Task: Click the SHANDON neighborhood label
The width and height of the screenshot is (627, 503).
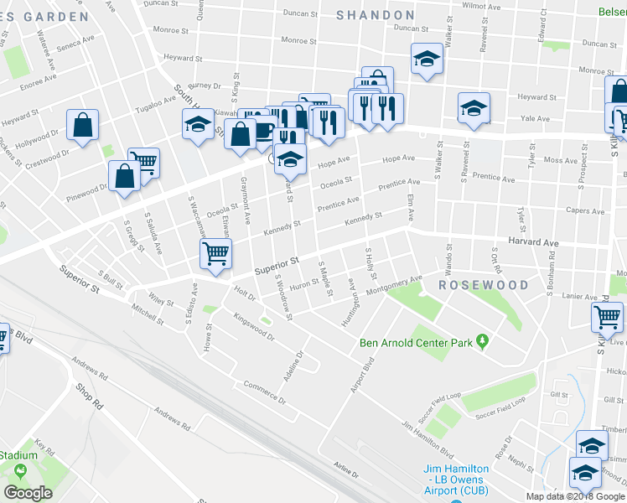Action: pyautogui.click(x=375, y=15)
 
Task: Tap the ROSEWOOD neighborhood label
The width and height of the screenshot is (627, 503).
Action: pyautogui.click(x=484, y=285)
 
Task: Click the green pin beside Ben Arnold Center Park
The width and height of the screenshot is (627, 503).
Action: pyautogui.click(x=482, y=340)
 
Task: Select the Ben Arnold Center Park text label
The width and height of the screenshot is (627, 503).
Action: pyautogui.click(x=417, y=341)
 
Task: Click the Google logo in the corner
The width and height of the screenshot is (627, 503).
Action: pyautogui.click(x=28, y=492)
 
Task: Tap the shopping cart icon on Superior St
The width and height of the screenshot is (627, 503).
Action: pyautogui.click(x=215, y=253)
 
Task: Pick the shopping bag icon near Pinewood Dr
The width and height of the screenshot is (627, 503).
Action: pyautogui.click(x=124, y=176)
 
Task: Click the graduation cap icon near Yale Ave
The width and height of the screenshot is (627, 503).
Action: pyautogui.click(x=474, y=108)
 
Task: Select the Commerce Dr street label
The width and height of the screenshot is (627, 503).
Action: pyautogui.click(x=265, y=392)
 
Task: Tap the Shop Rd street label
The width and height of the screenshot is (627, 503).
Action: pyautogui.click(x=88, y=395)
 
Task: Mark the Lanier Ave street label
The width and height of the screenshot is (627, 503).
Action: pyautogui.click(x=578, y=295)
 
